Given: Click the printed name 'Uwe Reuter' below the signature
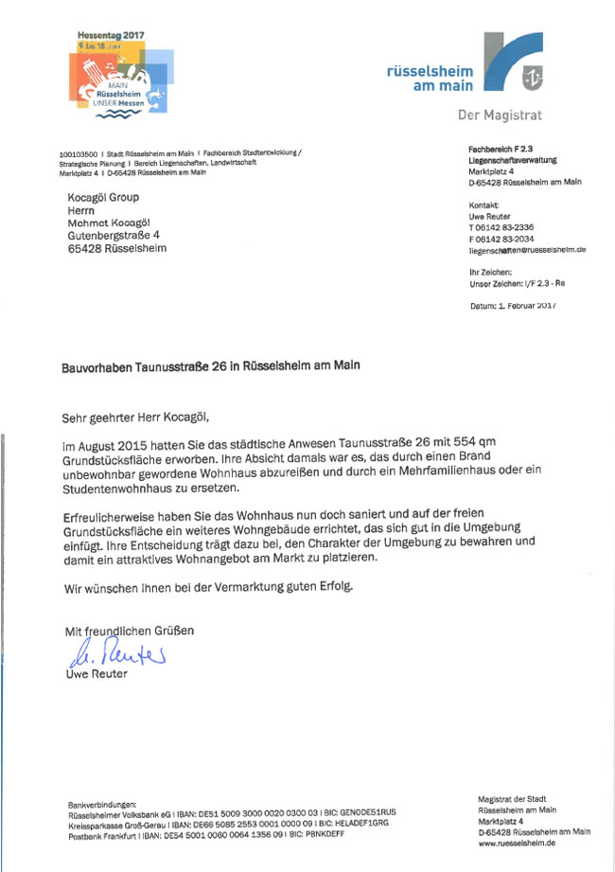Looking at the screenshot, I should pos(96,674).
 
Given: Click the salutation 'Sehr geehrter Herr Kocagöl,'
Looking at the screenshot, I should pos(133,415).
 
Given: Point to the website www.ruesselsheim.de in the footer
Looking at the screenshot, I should pos(518,843).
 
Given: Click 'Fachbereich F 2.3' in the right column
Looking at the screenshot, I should pos(502,150).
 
